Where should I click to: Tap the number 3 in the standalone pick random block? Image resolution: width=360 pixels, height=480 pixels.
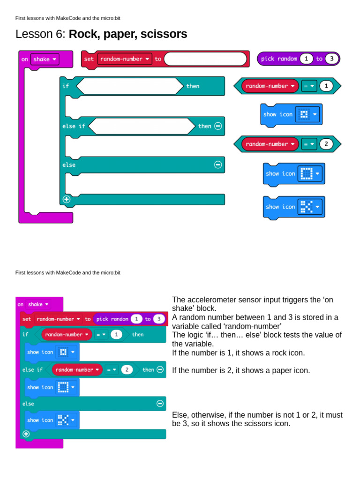tap(331, 59)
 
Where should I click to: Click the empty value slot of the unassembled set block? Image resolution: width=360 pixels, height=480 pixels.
tap(205, 59)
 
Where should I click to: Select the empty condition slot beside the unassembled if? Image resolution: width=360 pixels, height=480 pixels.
tap(129, 86)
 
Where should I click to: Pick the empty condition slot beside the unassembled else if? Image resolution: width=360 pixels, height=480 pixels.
tap(141, 126)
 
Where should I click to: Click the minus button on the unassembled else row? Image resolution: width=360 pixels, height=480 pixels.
tap(218, 165)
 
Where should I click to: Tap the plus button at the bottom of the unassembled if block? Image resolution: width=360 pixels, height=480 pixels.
tap(67, 199)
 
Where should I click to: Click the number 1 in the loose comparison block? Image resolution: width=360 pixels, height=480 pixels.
tap(326, 86)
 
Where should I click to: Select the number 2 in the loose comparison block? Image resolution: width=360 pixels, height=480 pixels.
tap(326, 144)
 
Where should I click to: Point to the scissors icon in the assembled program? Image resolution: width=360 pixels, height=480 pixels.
tap(63, 420)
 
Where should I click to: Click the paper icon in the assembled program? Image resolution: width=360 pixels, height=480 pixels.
tap(63, 387)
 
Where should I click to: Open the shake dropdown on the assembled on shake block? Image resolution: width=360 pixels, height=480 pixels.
tap(38, 304)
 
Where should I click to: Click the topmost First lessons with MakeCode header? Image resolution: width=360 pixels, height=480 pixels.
tap(67, 18)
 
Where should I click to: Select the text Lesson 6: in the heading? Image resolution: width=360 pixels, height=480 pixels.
tap(41, 34)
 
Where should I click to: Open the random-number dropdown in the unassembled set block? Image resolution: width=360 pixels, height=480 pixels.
tap(124, 59)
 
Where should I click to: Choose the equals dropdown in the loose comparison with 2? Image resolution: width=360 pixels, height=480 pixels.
tap(309, 144)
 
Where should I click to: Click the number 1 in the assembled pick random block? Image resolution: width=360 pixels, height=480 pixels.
tap(136, 319)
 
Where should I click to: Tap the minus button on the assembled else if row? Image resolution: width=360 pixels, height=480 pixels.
tap(160, 369)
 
